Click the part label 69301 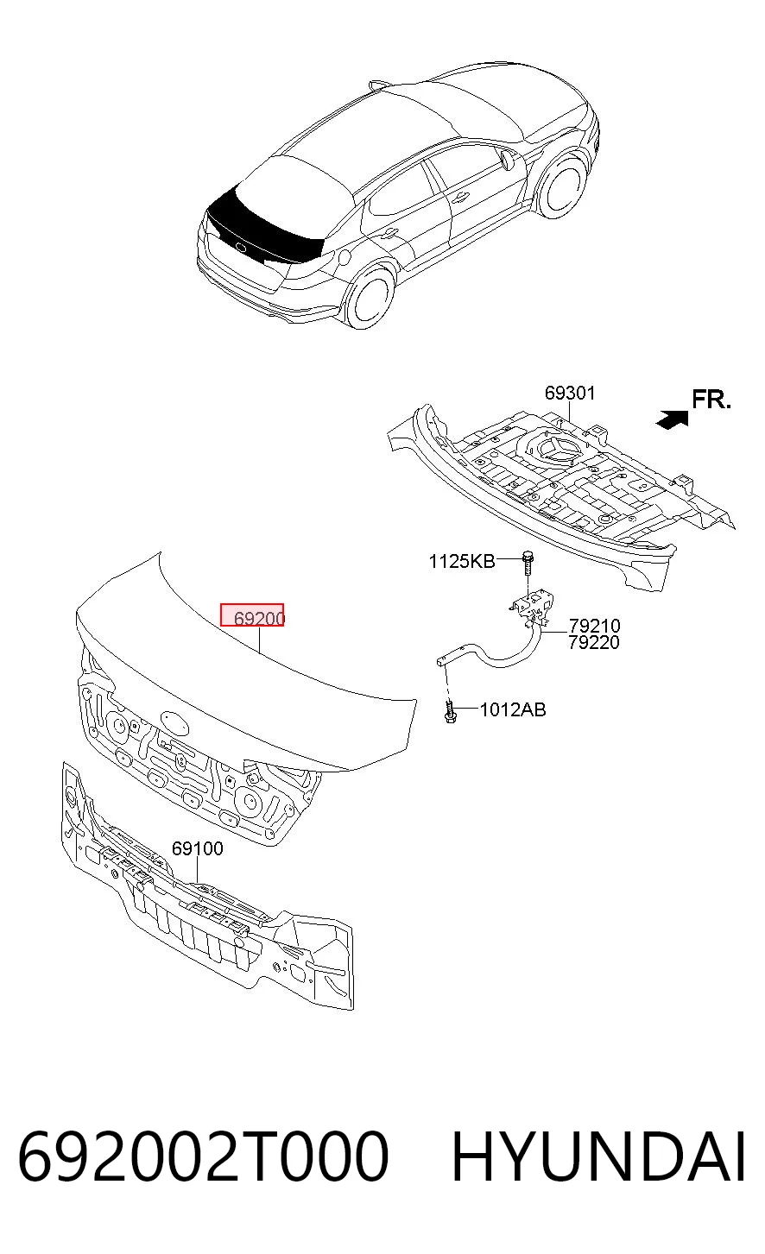click(x=570, y=393)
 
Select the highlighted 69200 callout click(x=252, y=615)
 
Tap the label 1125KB click(x=462, y=561)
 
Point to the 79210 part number click(x=594, y=626)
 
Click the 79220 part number click(x=594, y=642)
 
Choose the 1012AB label click(x=512, y=710)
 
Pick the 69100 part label click(x=197, y=848)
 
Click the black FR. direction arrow click(x=673, y=419)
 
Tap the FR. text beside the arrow click(x=711, y=400)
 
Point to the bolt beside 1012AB click(x=449, y=712)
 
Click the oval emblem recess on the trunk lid click(x=176, y=721)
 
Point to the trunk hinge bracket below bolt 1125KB click(x=531, y=605)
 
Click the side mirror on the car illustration click(x=509, y=161)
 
